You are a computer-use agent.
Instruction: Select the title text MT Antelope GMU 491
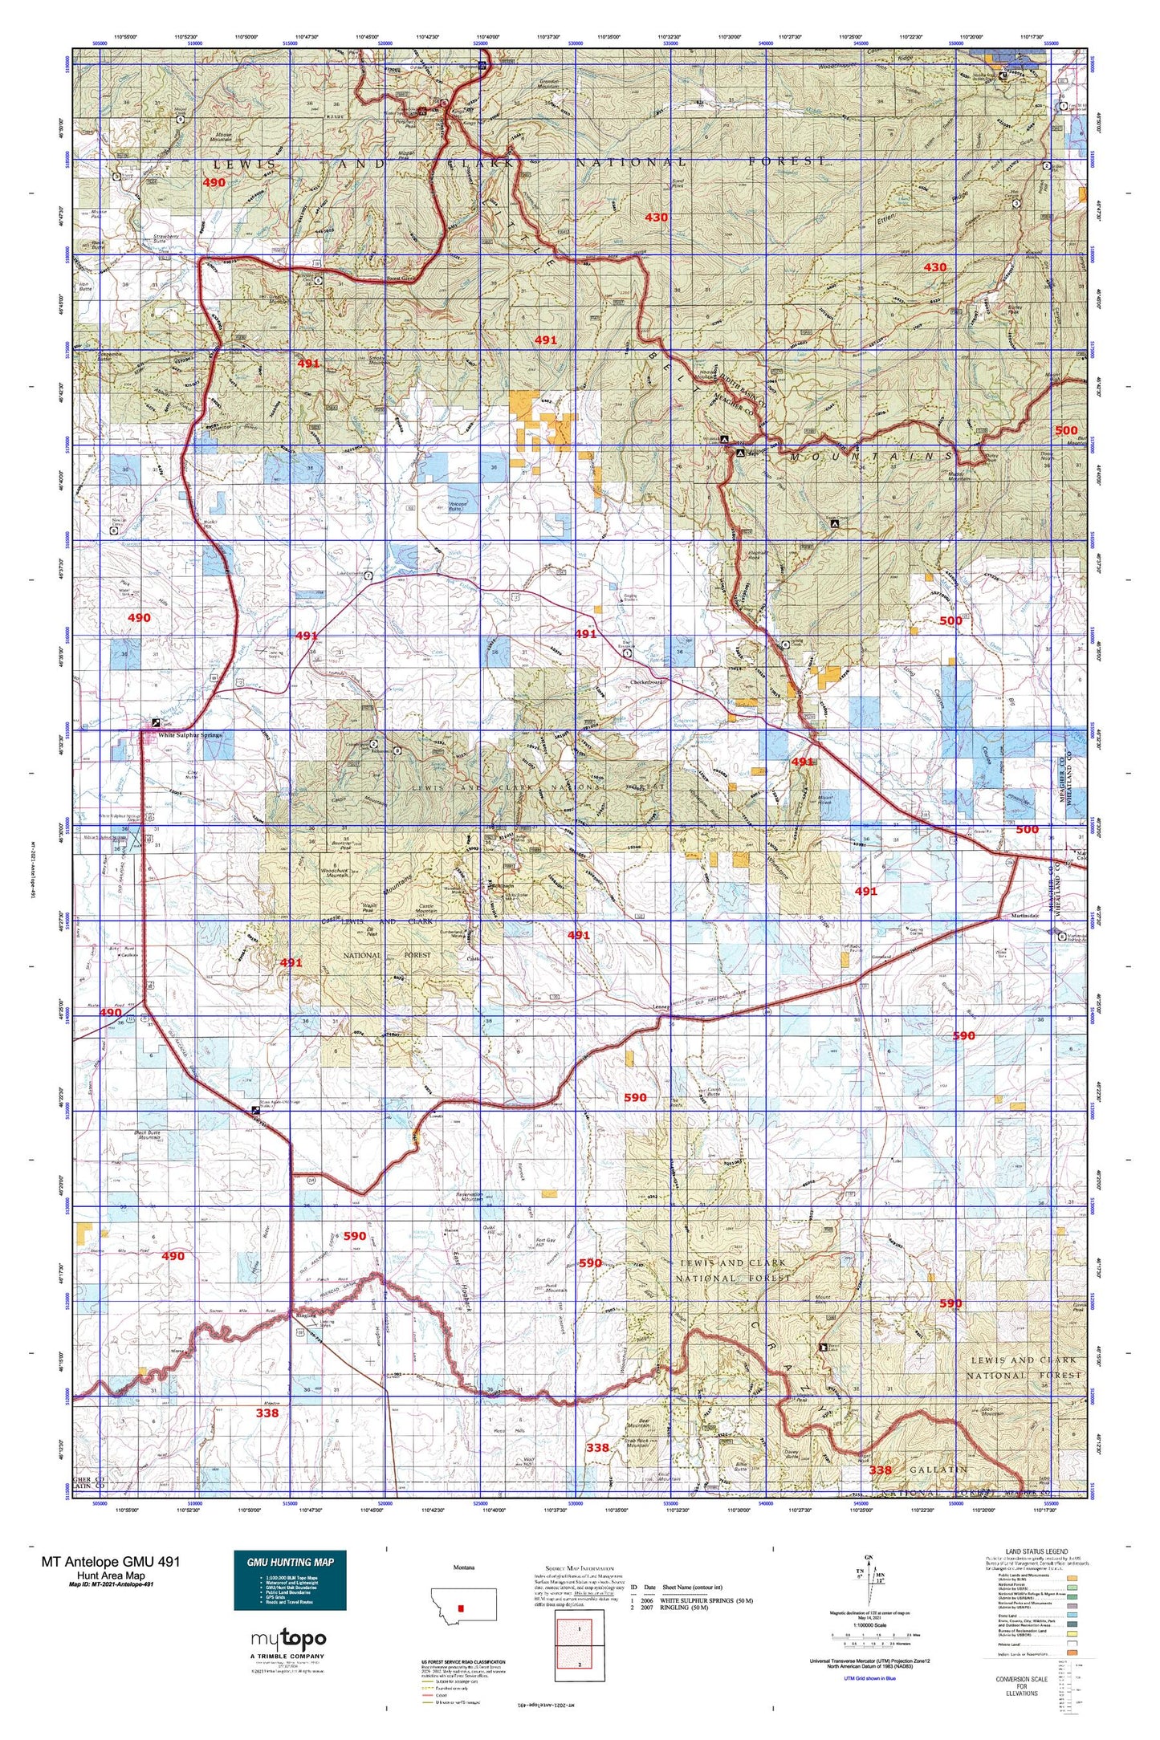tap(111, 1561)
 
